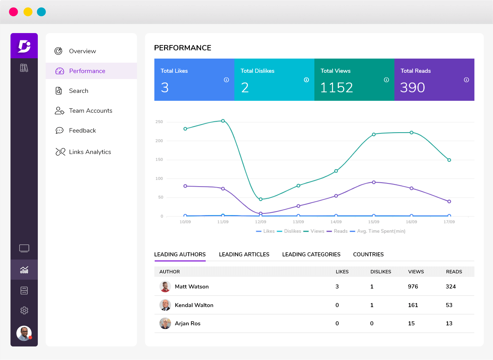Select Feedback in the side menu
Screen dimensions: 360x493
point(82,130)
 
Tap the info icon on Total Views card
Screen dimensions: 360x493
point(386,80)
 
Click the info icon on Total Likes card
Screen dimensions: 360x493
point(226,80)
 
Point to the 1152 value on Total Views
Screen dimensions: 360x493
point(336,88)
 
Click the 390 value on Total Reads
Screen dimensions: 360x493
point(412,88)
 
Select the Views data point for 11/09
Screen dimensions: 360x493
point(223,121)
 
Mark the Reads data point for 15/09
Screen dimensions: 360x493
point(374,182)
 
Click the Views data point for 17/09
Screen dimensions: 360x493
point(449,160)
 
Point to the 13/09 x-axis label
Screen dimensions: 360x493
point(298,222)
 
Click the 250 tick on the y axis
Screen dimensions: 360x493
point(159,122)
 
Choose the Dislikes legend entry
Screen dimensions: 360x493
point(292,231)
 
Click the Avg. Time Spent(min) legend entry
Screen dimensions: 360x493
point(381,231)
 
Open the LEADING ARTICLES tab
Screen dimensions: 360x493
point(244,254)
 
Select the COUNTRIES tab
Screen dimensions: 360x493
point(368,254)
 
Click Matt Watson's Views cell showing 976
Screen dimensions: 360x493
point(413,287)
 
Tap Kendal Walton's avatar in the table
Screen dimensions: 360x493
point(165,305)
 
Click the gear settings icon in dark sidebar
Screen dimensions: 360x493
point(24,311)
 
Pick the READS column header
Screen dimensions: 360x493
point(454,272)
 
